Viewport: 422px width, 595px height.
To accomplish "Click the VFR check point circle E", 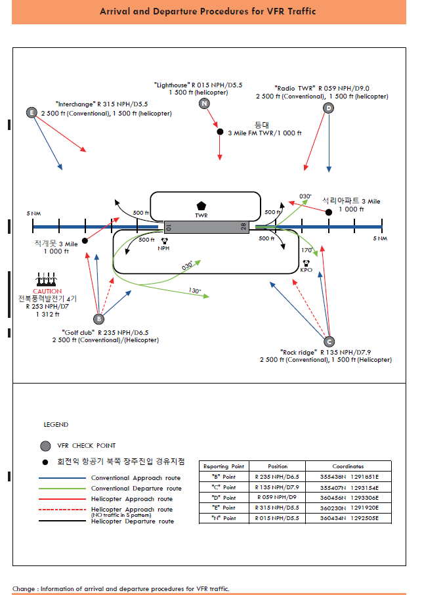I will click(x=31, y=112).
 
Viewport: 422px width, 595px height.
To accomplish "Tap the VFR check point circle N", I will click(x=205, y=103).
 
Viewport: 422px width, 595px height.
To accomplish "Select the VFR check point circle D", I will click(x=328, y=108).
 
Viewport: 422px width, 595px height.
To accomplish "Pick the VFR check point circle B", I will click(x=98, y=319).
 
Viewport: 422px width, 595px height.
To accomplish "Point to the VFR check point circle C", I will click(x=329, y=341).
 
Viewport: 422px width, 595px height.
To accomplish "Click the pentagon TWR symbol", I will click(x=201, y=206).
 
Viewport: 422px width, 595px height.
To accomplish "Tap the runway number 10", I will click(x=169, y=227).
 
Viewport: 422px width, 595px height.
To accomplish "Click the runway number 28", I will click(x=243, y=227).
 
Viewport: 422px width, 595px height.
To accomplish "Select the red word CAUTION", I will click(x=47, y=291).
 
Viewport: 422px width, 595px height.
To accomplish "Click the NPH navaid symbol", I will click(x=164, y=241).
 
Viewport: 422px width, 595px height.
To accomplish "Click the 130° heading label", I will click(x=195, y=290).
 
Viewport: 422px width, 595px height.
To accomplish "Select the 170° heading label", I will click(x=306, y=250).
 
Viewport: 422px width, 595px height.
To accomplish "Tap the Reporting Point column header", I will click(x=224, y=466).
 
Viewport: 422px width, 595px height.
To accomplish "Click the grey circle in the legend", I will click(x=45, y=446).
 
